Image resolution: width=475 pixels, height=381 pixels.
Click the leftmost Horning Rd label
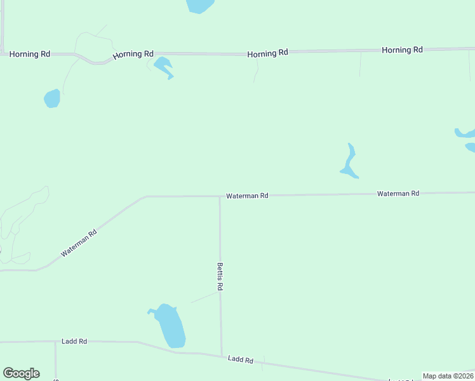pos(29,55)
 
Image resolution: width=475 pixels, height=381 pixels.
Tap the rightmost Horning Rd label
pos(402,50)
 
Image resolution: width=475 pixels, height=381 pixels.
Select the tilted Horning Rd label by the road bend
pos(133,55)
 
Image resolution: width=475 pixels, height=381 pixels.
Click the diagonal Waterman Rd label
pos(79,243)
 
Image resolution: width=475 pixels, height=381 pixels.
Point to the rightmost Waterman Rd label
pos(398,193)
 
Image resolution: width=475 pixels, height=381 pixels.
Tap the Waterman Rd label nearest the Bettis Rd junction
pos(247,196)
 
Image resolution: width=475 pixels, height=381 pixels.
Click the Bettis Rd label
pos(220,277)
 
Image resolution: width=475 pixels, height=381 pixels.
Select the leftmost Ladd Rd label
pos(74,342)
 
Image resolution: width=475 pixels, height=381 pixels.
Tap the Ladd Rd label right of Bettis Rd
pos(241,360)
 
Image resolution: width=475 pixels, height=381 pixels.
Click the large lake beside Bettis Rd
pos(170,326)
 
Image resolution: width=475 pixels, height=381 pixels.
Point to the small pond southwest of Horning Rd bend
pos(52,98)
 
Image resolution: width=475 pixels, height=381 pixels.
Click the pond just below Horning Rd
pos(163,66)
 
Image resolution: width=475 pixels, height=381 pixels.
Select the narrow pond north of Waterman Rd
pos(349,162)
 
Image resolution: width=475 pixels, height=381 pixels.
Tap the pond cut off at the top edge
pos(199,5)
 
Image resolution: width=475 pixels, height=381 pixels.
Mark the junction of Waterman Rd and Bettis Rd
pos(220,196)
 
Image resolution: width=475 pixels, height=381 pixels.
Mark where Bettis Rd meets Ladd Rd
pos(221,355)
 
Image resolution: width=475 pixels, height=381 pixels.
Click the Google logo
pos(22,373)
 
